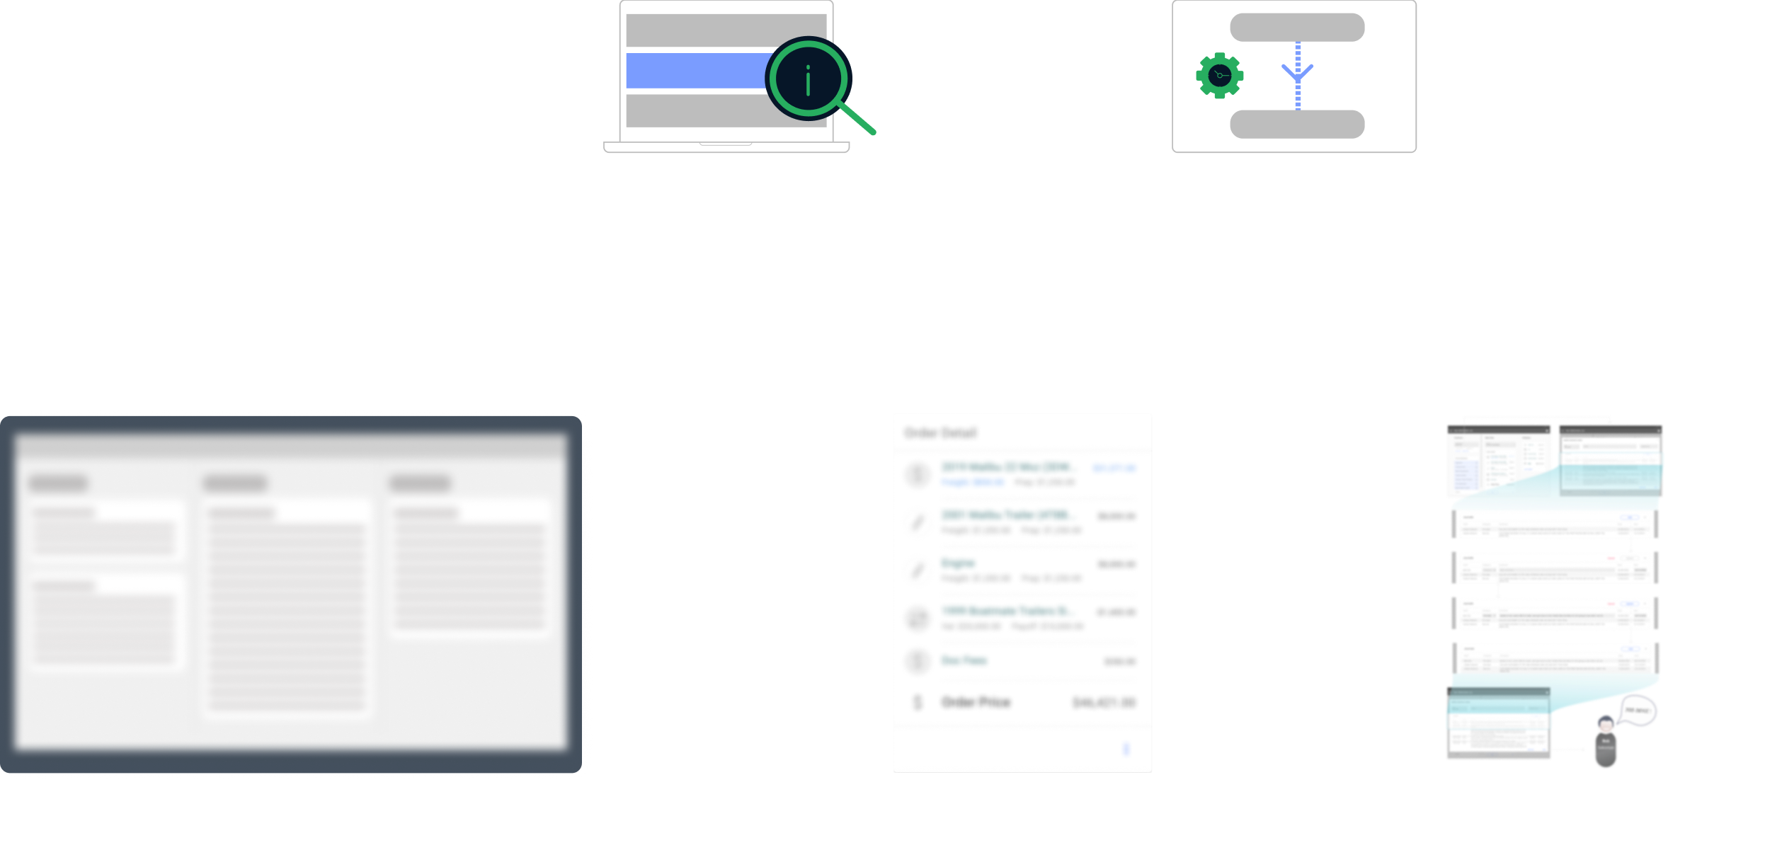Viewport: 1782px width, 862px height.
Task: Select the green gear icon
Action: click(x=1219, y=75)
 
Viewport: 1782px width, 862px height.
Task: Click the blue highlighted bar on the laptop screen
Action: click(x=694, y=71)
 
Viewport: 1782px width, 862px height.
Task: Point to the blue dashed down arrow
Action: click(x=1297, y=74)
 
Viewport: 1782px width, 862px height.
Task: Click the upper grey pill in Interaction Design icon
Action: click(x=1296, y=28)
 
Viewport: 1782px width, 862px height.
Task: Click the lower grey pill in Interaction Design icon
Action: click(x=1296, y=124)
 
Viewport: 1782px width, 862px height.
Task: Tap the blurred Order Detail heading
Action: click(x=940, y=433)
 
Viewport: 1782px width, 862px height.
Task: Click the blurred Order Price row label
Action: click(x=976, y=702)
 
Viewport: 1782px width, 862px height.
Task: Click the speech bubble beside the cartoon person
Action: click(x=1638, y=710)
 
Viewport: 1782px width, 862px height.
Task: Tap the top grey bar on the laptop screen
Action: click(x=726, y=30)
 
